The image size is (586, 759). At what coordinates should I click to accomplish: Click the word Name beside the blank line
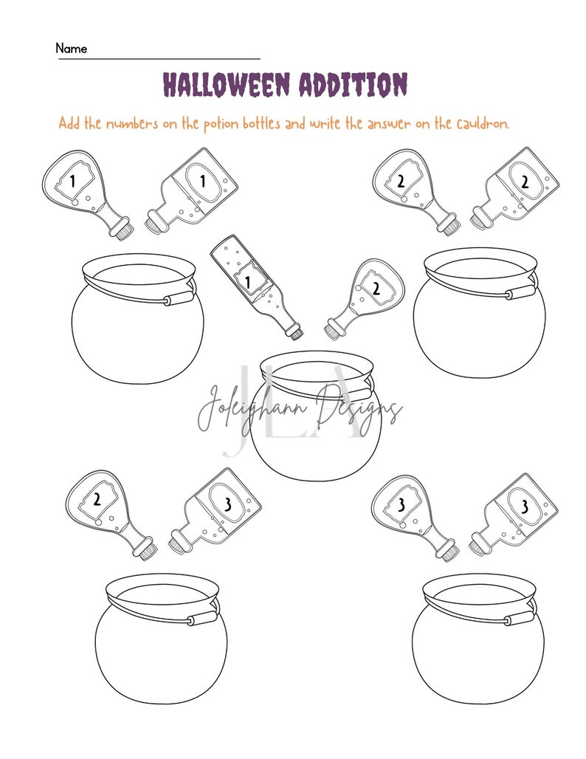pyautogui.click(x=72, y=49)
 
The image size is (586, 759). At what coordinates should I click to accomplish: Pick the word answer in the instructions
pyautogui.click(x=387, y=123)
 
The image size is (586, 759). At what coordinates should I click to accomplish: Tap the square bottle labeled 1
pyautogui.click(x=195, y=188)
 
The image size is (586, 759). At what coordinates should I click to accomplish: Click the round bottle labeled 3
pyautogui.click(x=413, y=515)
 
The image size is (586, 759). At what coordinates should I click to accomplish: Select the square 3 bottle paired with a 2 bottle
pyautogui.click(x=217, y=509)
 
